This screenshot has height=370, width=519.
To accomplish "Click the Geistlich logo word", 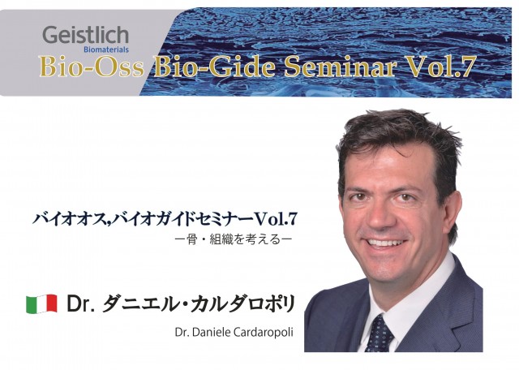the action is tap(85, 36).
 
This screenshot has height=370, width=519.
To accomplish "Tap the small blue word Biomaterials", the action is tap(106, 50).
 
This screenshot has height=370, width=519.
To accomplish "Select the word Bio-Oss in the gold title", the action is tap(92, 67).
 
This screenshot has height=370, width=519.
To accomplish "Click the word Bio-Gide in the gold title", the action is tap(214, 67).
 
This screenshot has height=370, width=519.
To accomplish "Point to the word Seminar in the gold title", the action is tap(340, 67).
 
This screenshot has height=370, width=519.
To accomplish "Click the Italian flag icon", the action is tap(41, 303).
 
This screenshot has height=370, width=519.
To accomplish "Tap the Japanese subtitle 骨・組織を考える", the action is tap(234, 239).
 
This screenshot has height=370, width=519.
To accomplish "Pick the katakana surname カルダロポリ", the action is tap(242, 303).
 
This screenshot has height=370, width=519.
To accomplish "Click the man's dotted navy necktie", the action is tap(379, 334).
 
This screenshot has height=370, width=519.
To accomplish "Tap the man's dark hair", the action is tap(397, 139).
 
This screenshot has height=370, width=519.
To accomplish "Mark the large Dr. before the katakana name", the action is tap(79, 304).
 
